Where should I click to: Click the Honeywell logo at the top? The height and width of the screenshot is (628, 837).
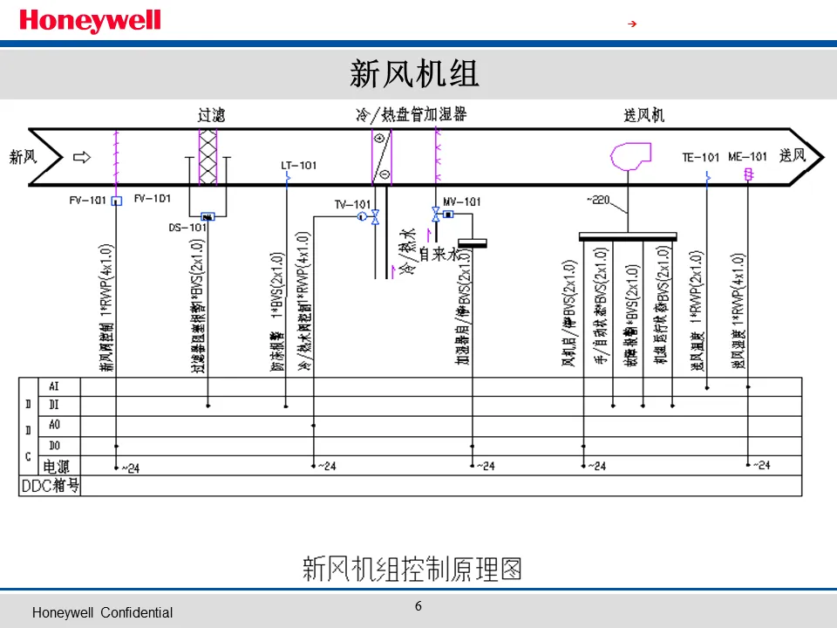pyautogui.click(x=91, y=21)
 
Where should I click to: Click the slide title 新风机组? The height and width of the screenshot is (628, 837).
pyautogui.click(x=415, y=73)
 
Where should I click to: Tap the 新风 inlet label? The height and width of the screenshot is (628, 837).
pyautogui.click(x=24, y=158)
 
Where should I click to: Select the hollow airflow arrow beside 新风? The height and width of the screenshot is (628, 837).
pyautogui.click(x=81, y=158)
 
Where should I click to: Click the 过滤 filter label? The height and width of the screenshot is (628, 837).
pyautogui.click(x=210, y=115)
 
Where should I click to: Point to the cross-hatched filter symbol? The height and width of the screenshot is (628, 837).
pyautogui.click(x=208, y=157)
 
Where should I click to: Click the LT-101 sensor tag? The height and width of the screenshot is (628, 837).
pyautogui.click(x=299, y=165)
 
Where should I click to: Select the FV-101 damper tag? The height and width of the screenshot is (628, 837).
pyautogui.click(x=87, y=200)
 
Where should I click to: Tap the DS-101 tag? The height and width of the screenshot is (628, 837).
pyautogui.click(x=187, y=228)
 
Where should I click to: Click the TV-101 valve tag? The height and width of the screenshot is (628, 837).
pyautogui.click(x=353, y=205)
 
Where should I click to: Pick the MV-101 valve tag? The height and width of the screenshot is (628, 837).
pyautogui.click(x=462, y=201)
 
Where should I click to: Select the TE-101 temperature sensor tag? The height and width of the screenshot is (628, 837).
pyautogui.click(x=701, y=158)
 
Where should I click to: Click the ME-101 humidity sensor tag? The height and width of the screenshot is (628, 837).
pyautogui.click(x=748, y=157)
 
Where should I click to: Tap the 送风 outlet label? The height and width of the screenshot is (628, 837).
pyautogui.click(x=793, y=157)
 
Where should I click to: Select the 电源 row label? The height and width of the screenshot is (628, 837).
pyautogui.click(x=62, y=466)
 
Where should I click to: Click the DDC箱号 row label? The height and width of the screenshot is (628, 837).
pyautogui.click(x=50, y=486)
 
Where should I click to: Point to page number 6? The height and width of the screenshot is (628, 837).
pyautogui.click(x=418, y=606)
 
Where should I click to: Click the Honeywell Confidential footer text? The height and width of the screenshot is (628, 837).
pyautogui.click(x=102, y=613)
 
